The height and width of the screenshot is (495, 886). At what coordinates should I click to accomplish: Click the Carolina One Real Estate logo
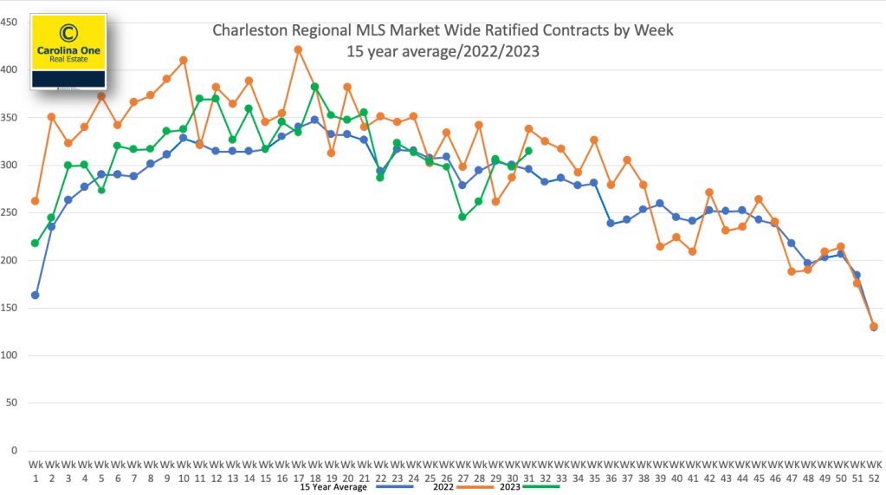click(x=68, y=51)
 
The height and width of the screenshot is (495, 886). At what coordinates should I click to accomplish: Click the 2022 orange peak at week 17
click(x=298, y=49)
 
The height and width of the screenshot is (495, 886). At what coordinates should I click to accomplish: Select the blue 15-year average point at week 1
click(x=36, y=295)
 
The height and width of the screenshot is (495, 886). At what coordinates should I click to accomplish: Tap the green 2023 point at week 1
click(x=36, y=243)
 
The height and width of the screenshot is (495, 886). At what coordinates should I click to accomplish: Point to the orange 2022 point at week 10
click(x=183, y=60)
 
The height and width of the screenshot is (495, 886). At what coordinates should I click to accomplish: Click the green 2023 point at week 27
click(x=462, y=217)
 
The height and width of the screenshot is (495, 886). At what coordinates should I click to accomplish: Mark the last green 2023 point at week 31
click(x=528, y=151)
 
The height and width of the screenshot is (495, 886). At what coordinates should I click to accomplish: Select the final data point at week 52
click(x=873, y=327)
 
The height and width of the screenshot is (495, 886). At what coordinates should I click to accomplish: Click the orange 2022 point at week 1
click(x=36, y=200)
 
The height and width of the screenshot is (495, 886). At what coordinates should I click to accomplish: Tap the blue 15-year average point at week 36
click(x=611, y=223)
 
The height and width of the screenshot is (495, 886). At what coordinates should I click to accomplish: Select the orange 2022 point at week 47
click(x=791, y=271)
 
